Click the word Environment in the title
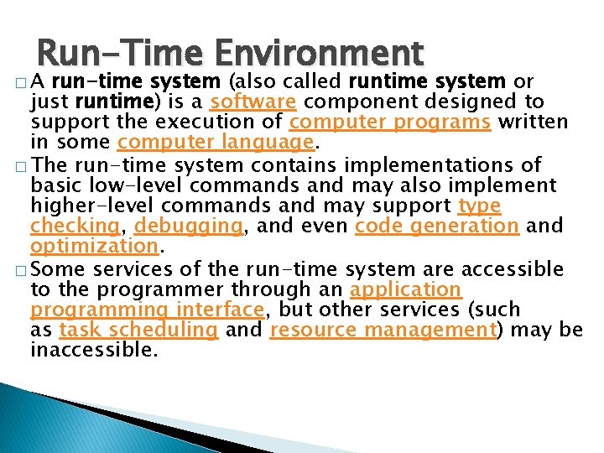pos(320,53)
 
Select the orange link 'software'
pos(253,102)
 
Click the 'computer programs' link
pos(390,122)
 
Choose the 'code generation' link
pos(437,226)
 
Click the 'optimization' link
pos(94,247)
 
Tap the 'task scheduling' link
pos(138,330)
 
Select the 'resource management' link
pos(383,330)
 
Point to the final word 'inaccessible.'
pos(94,350)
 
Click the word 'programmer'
pos(151,289)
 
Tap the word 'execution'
pos(206,122)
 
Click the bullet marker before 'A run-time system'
pos(19,82)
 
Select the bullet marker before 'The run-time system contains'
pos(19,165)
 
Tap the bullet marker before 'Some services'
pos(19,269)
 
